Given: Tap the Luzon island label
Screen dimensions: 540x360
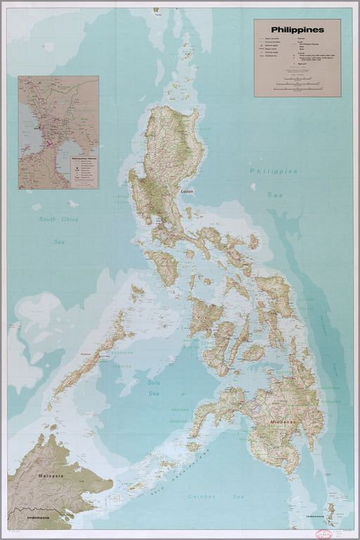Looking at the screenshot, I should (x=187, y=191).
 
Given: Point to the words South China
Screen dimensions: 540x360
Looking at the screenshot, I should (x=57, y=220).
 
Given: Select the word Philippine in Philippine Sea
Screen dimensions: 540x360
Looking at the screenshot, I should (x=272, y=172).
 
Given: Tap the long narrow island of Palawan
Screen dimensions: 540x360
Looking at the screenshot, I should (x=89, y=359).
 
